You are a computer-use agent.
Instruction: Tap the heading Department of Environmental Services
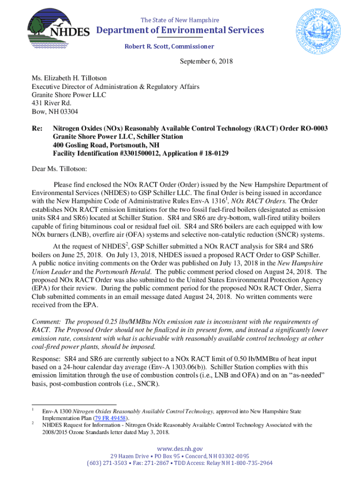point(180,30)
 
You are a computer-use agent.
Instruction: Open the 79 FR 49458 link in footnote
point(110,418)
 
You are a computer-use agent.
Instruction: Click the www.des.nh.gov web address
point(180,449)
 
